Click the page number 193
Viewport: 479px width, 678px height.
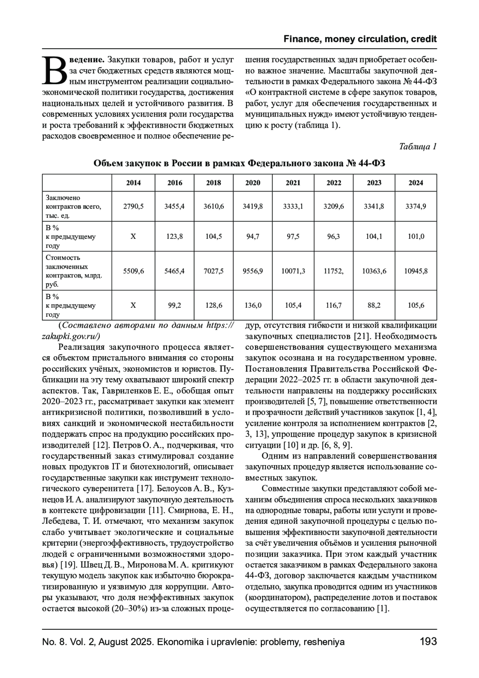point(428,642)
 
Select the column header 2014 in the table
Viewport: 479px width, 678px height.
point(133,183)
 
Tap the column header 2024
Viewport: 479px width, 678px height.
point(416,183)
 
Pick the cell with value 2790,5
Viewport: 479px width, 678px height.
point(133,206)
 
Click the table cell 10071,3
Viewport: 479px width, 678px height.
point(293,271)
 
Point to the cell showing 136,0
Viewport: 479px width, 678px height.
point(252,305)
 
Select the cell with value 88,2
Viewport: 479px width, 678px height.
point(374,305)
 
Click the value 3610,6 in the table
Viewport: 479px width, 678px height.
point(214,206)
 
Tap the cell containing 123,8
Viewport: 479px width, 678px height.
point(174,236)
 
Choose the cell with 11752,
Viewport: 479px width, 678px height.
point(334,271)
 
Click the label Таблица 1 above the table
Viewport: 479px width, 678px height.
point(418,147)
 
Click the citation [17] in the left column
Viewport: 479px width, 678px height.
point(143,488)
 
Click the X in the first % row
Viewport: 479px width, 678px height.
point(133,236)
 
